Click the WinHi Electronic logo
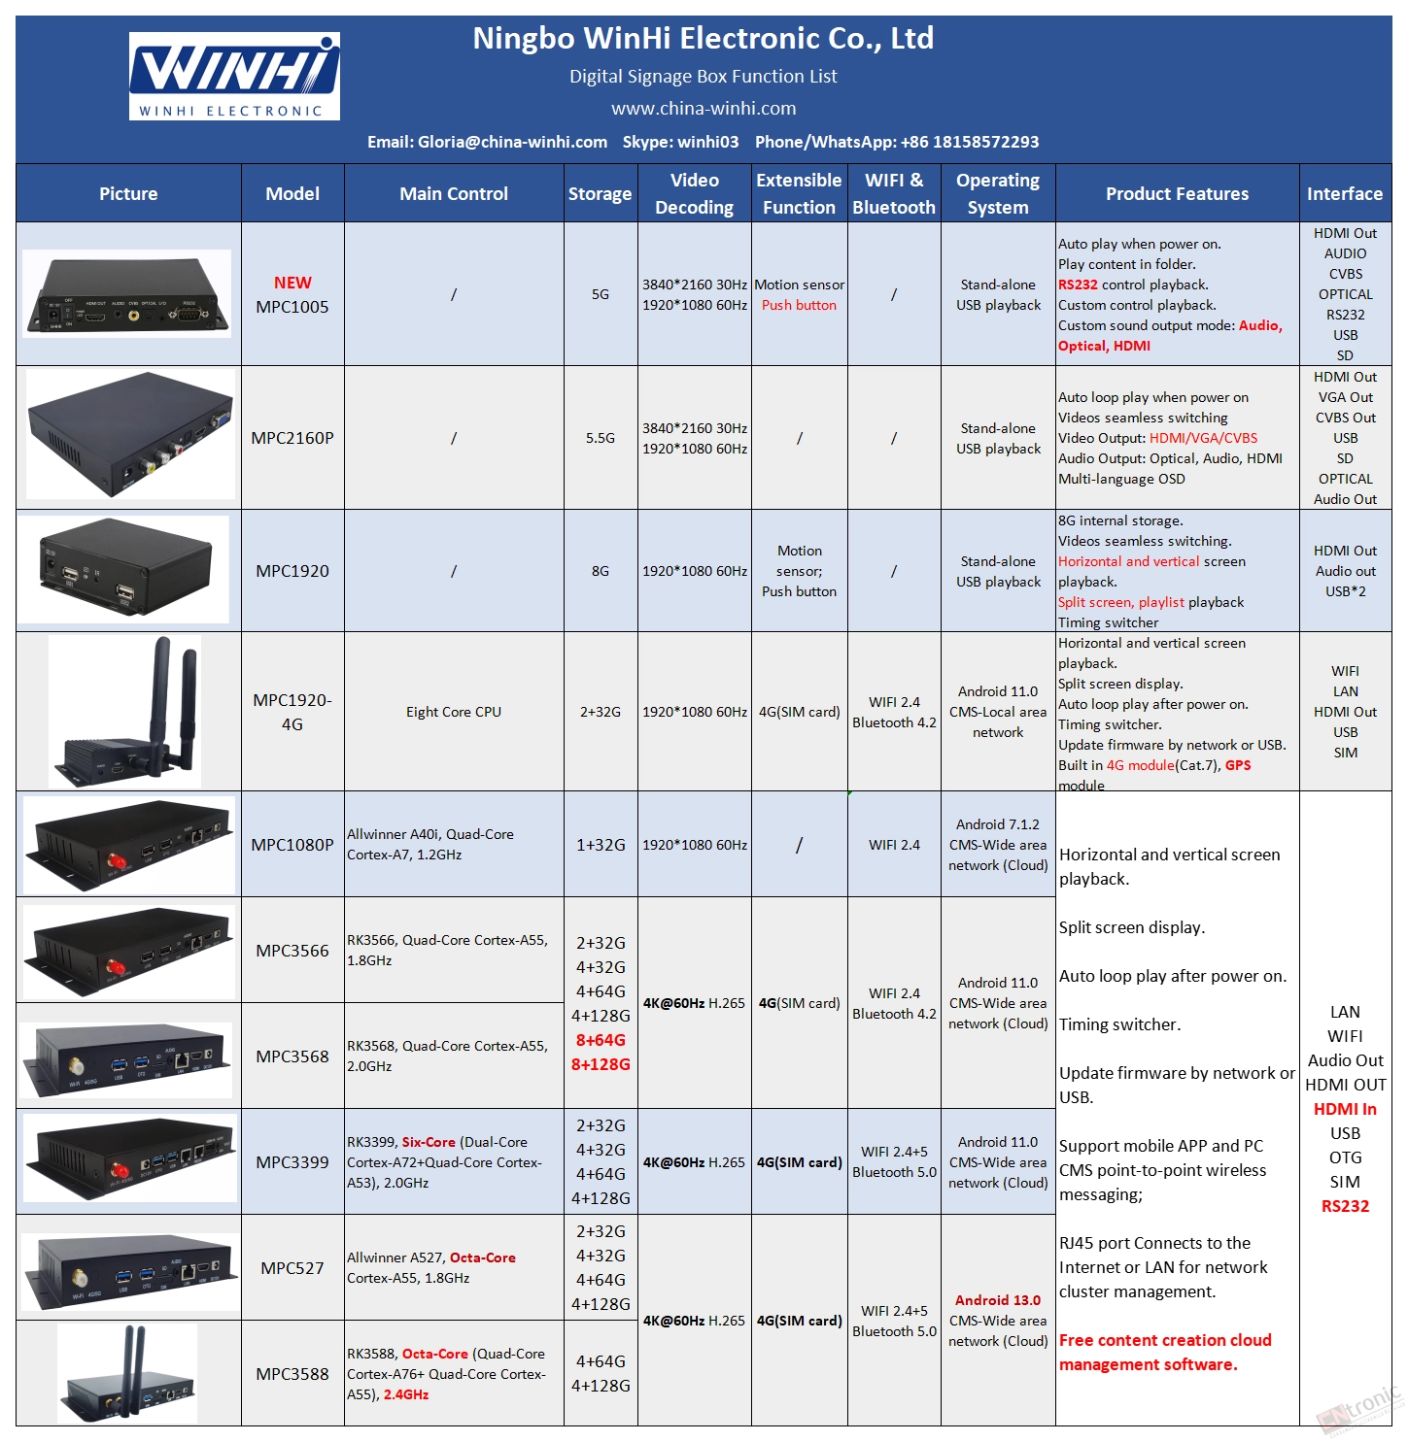point(234,76)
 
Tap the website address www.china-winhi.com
point(703,108)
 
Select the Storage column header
point(600,193)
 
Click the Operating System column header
point(997,193)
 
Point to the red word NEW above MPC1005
point(292,283)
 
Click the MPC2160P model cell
point(292,437)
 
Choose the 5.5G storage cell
point(600,437)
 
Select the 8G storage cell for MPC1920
point(600,571)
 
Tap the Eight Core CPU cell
point(453,712)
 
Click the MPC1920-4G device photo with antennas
point(124,712)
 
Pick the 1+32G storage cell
point(601,844)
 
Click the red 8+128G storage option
point(601,1064)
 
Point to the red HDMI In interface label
point(1345,1109)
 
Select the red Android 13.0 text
point(997,1299)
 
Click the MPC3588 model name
point(292,1374)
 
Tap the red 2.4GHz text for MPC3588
point(406,1393)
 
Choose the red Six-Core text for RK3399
point(429,1142)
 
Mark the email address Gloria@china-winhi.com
point(512,142)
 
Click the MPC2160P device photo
point(130,434)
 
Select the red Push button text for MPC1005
point(799,305)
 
